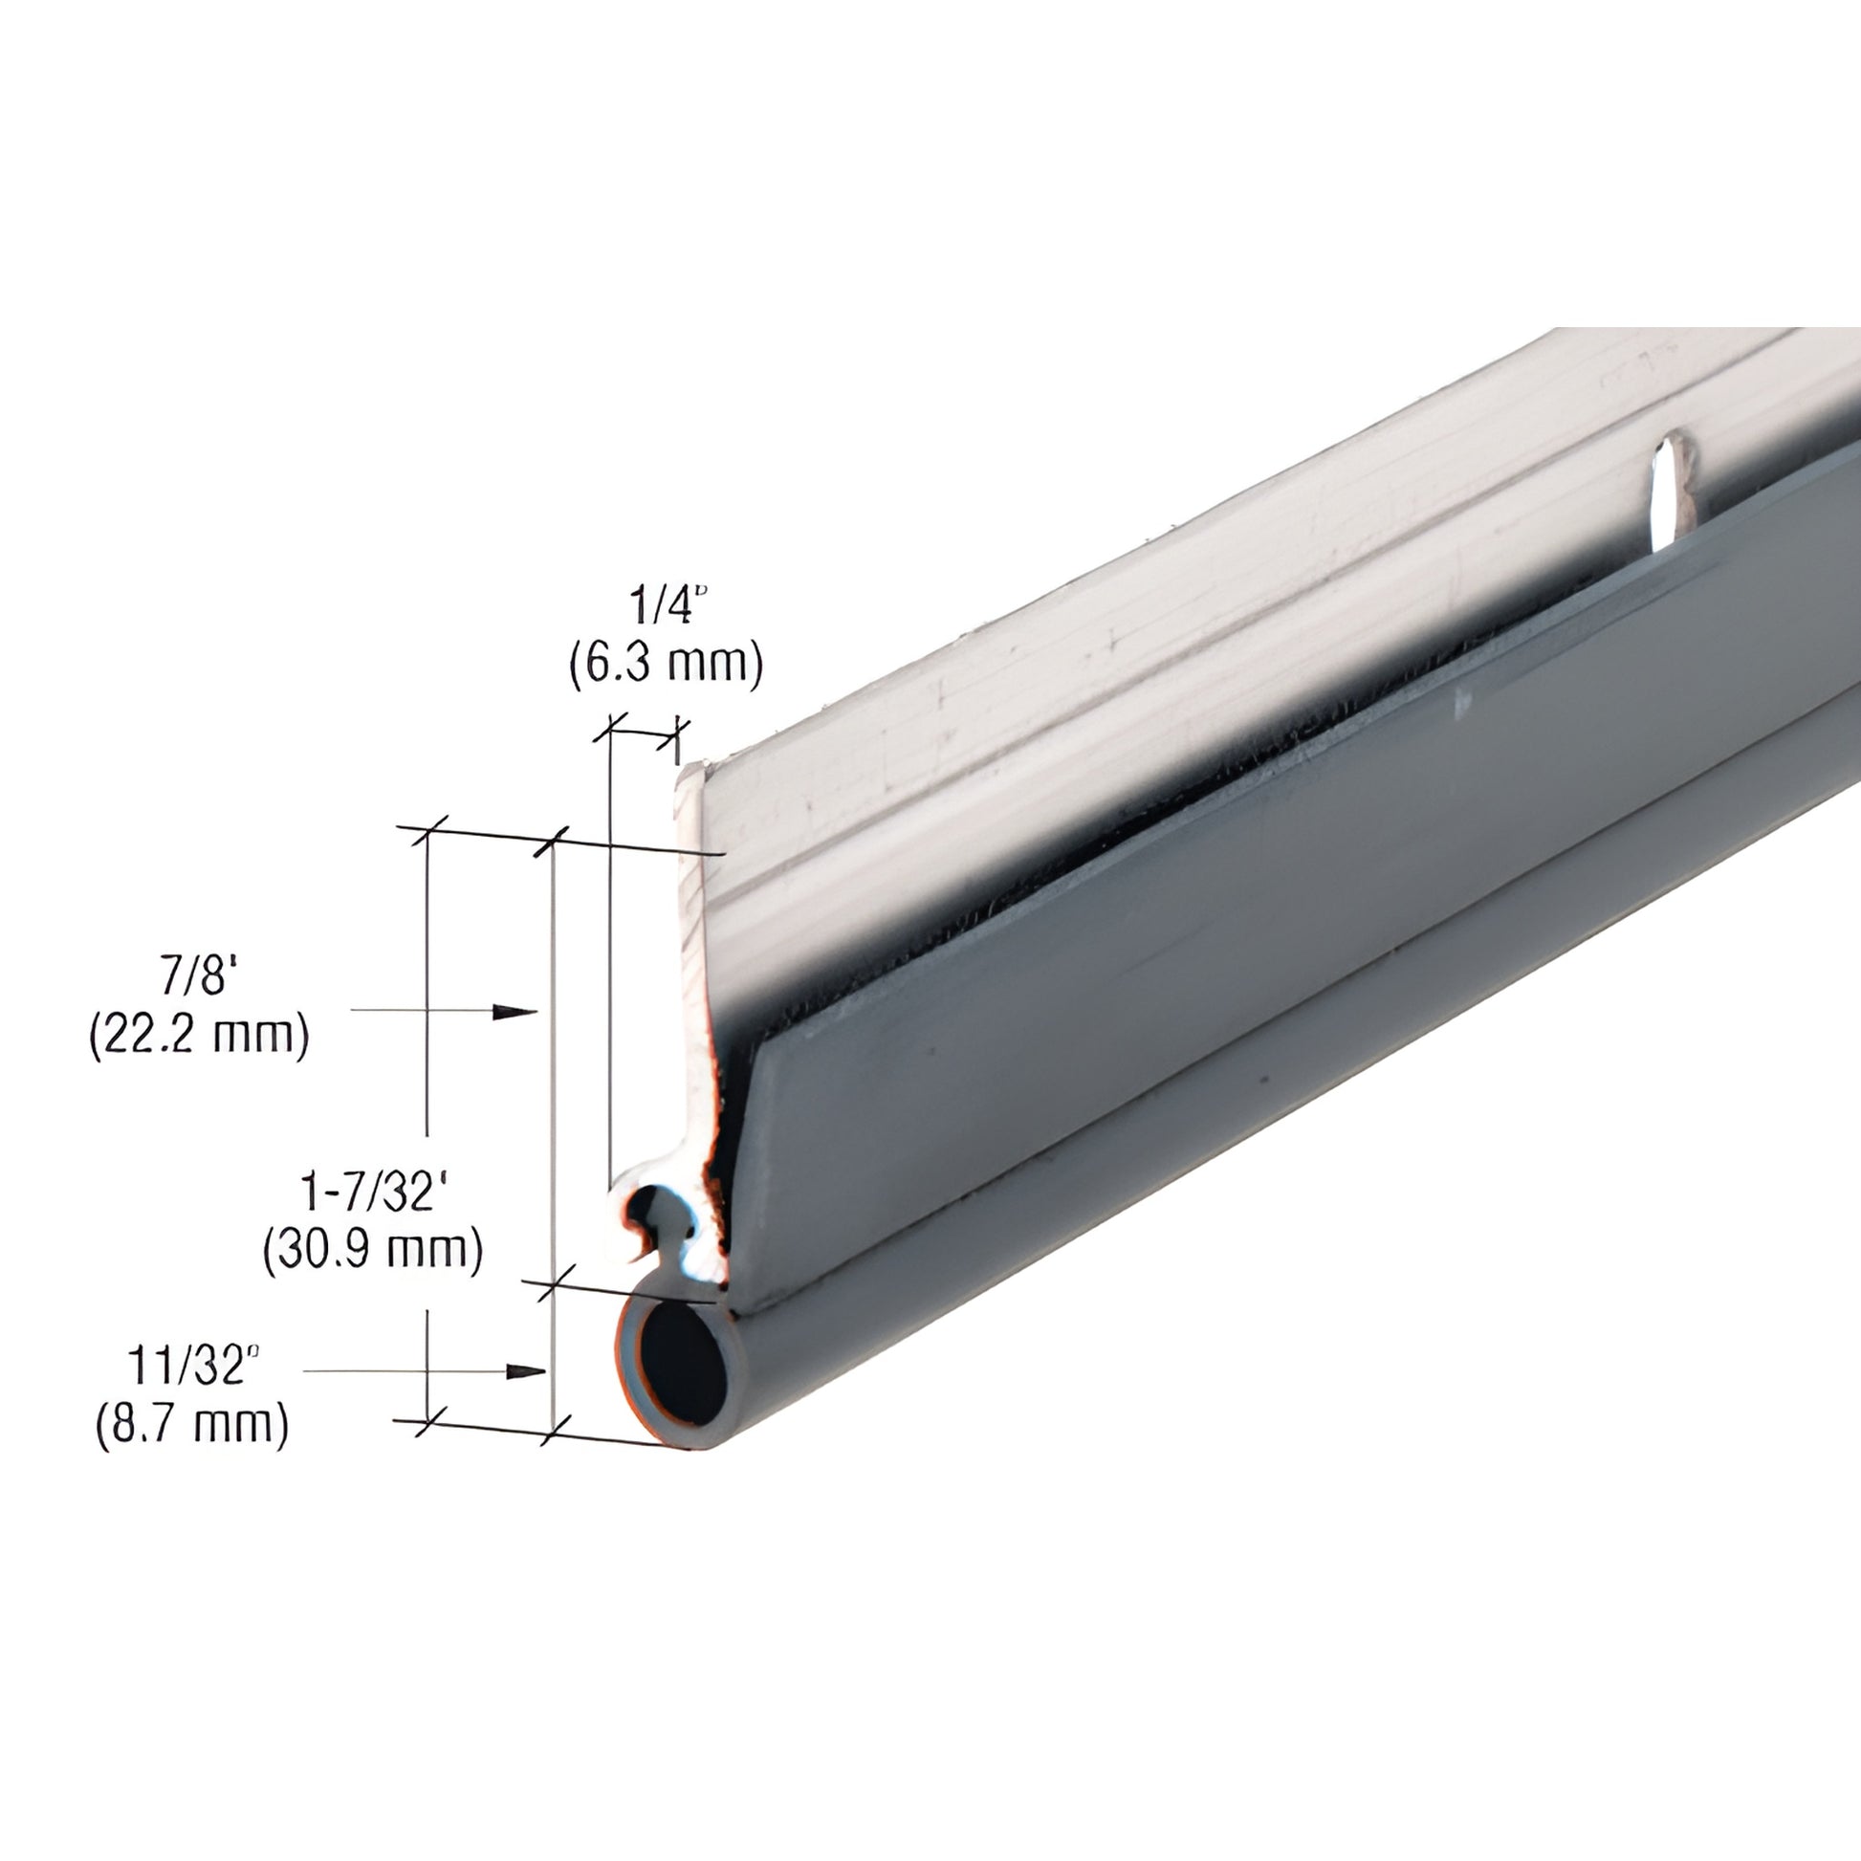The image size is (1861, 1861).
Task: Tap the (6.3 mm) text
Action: click(x=666, y=665)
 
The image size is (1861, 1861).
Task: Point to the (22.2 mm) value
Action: click(x=199, y=1036)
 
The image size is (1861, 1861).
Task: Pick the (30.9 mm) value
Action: click(x=373, y=1250)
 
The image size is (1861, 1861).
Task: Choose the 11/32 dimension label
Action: click(x=193, y=1366)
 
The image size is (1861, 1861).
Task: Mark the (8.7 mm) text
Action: click(x=192, y=1424)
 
